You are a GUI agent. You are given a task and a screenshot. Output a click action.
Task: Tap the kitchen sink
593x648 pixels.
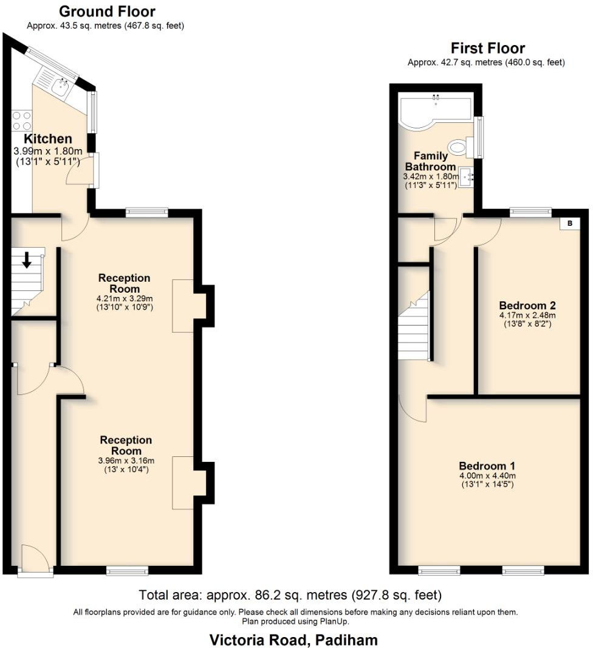59,87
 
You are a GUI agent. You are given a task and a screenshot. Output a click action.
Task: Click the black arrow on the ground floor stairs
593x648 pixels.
27,259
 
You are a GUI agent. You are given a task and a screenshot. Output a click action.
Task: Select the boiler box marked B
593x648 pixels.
569,223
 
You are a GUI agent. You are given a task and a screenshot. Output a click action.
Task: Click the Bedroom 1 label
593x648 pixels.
487,467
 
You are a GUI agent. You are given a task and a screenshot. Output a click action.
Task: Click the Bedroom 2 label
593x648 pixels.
527,305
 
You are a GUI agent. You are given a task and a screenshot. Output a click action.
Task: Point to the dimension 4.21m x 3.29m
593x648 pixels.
125,299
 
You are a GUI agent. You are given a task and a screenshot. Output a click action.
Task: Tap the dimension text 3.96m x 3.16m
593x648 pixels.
126,461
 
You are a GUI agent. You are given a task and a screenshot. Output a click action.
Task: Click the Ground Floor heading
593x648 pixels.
106,11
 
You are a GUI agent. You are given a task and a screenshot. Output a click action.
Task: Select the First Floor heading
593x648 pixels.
487,48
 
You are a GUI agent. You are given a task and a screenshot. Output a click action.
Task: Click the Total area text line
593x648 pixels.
290,594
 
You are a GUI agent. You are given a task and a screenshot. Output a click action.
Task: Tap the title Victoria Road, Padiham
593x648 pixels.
293,639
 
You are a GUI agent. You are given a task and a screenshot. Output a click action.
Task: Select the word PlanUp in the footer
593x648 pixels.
335,621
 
